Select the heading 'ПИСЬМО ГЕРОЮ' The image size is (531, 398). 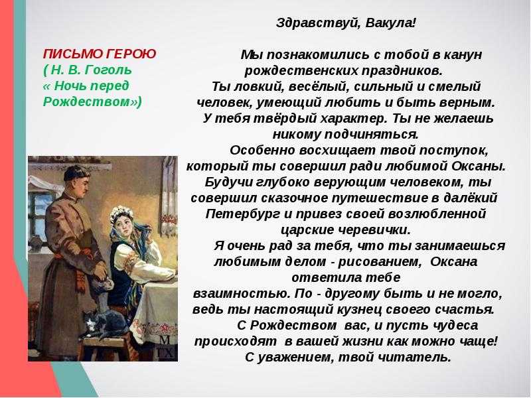pyautogui.click(x=99, y=54)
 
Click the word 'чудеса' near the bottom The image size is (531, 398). pyautogui.click(x=445, y=326)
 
